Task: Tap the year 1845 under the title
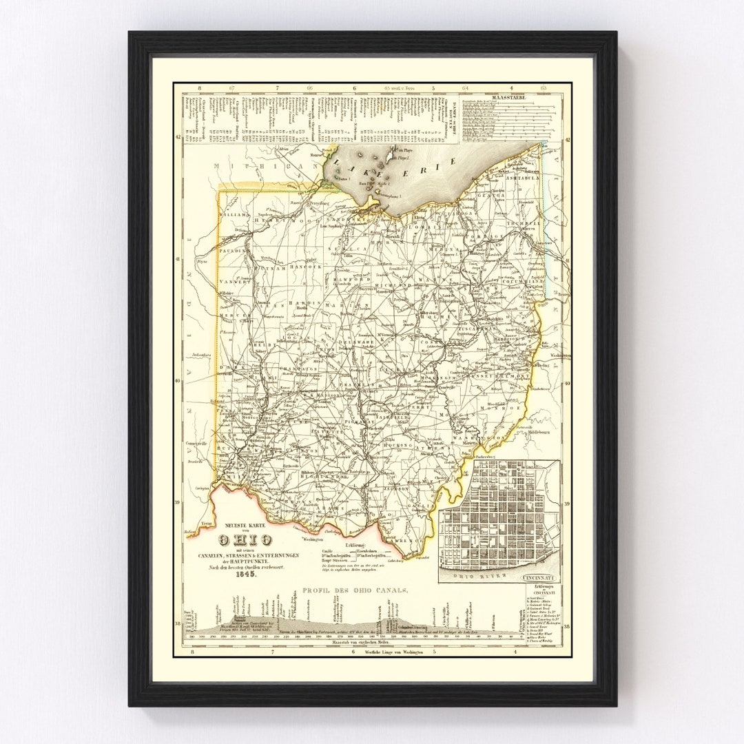click(x=245, y=575)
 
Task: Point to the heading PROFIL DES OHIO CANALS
click(x=354, y=590)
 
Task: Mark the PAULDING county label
click(x=233, y=251)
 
